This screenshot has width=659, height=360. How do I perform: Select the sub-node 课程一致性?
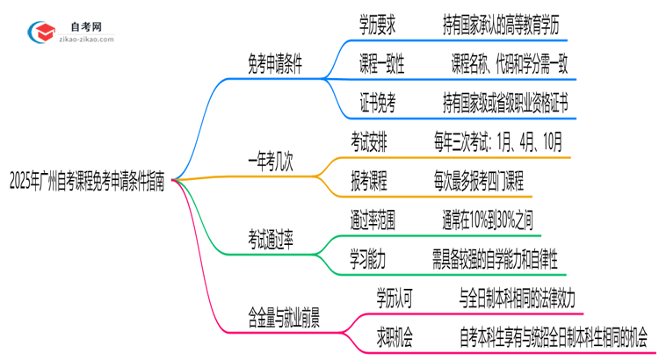pyautogui.click(x=382, y=65)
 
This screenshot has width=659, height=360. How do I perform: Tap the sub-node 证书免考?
pyautogui.click(x=377, y=104)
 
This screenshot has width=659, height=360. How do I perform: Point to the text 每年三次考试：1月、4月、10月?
pyautogui.click(x=498, y=142)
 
